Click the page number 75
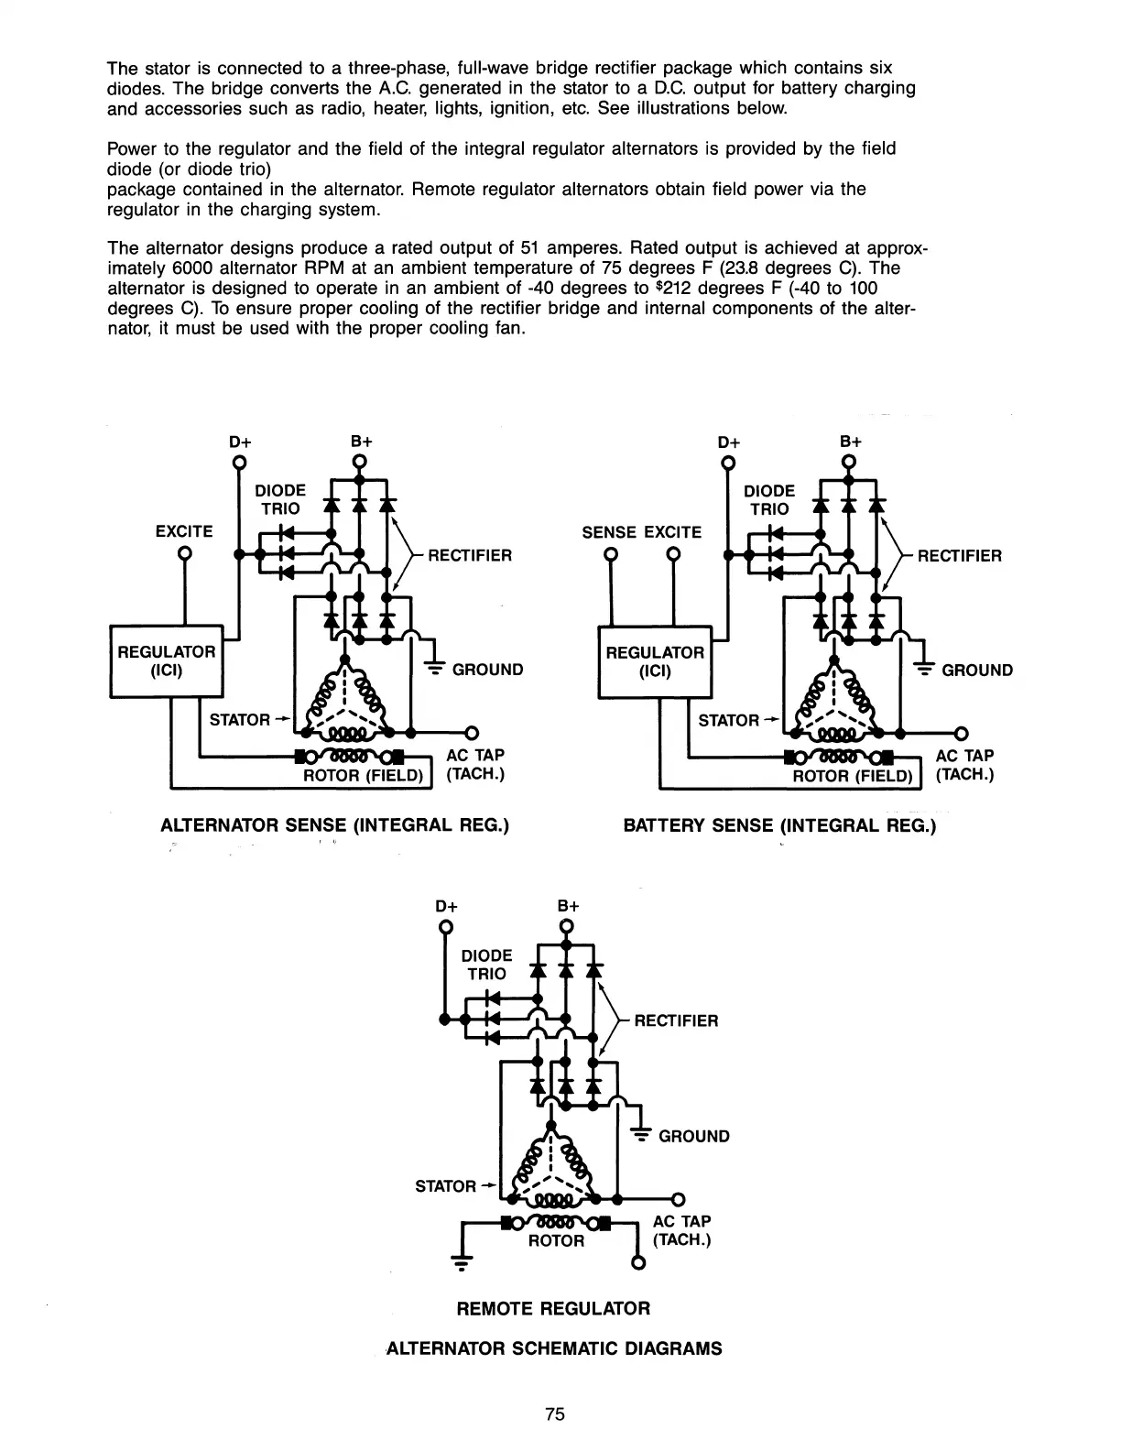coord(555,1413)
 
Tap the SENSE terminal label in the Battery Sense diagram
coord(609,532)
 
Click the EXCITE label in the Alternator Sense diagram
coord(184,531)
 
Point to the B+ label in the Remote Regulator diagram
coord(569,906)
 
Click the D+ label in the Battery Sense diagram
coord(729,442)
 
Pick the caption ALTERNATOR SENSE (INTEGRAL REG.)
coord(334,824)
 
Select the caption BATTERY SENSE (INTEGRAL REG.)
coord(780,825)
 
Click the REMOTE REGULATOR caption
coord(553,1308)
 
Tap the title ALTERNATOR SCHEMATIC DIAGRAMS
coord(554,1348)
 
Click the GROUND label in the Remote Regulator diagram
coord(694,1136)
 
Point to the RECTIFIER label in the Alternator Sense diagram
coord(470,555)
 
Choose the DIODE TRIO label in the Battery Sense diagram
coord(769,500)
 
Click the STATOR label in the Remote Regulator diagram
coord(445,1186)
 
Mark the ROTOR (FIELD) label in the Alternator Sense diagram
coord(364,776)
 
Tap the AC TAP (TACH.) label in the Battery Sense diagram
coord(964,765)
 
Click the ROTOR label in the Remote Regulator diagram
coord(556,1240)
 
